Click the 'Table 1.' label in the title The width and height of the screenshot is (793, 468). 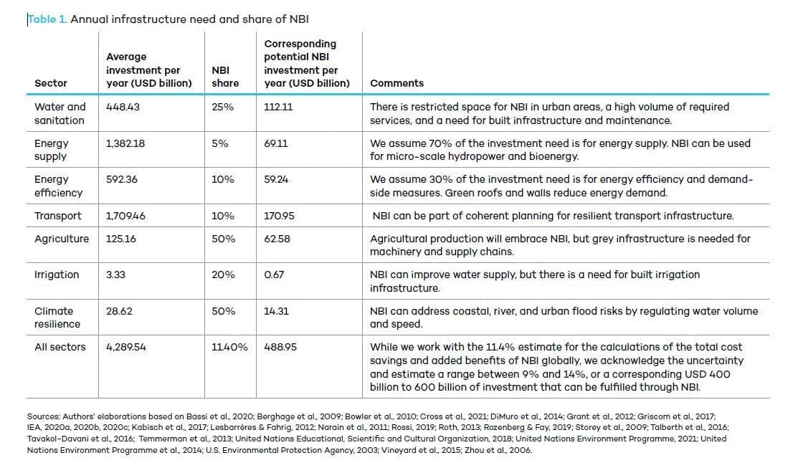[x=47, y=19]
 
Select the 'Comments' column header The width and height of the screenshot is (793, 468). [x=397, y=83]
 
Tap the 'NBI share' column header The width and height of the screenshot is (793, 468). [x=225, y=77]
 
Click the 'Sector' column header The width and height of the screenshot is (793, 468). [x=51, y=83]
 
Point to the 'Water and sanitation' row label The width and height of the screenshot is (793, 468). [x=60, y=114]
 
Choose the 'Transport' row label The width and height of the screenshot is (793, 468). [x=57, y=216]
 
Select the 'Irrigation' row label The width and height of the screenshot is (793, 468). [x=57, y=275]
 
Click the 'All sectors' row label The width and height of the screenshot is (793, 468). [x=60, y=347]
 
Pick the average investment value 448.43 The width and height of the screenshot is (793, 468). [x=123, y=107]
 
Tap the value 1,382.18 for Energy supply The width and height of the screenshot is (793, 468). [x=125, y=143]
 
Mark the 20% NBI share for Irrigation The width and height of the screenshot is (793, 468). [x=223, y=275]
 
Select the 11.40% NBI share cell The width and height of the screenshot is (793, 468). [x=229, y=347]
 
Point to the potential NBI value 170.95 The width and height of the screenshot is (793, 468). [x=279, y=216]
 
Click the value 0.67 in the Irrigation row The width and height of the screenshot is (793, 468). [x=274, y=275]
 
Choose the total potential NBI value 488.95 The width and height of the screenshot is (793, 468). [x=280, y=347]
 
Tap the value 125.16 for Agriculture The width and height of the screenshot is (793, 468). [x=121, y=239]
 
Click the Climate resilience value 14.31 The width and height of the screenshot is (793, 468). [x=276, y=311]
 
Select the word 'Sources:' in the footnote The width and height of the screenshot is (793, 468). [x=44, y=417]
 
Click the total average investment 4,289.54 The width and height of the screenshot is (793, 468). [x=126, y=347]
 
